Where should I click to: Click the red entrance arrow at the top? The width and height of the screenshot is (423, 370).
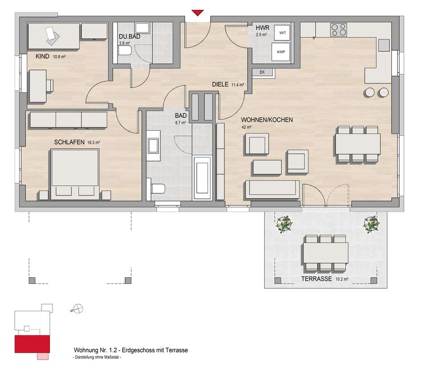(197, 12)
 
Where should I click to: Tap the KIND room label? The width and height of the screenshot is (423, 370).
(42, 56)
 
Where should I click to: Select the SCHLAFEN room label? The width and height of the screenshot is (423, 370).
(69, 142)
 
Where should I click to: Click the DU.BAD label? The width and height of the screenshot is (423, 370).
(130, 36)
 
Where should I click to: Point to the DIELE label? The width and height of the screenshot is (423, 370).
(220, 84)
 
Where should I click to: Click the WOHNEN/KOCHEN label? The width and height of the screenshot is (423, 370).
(267, 120)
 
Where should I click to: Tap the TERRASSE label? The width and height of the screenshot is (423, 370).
(317, 279)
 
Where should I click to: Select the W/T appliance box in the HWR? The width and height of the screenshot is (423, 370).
(282, 33)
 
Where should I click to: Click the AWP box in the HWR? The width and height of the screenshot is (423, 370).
(281, 52)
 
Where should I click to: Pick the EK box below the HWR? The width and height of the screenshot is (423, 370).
(262, 72)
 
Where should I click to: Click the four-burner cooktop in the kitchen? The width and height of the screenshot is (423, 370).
(338, 30)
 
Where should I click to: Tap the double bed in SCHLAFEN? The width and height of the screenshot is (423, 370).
(75, 175)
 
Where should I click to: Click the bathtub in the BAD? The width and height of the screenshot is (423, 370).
(202, 177)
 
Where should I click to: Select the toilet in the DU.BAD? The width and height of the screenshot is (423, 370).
(125, 50)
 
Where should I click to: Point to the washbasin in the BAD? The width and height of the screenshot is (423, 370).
(153, 145)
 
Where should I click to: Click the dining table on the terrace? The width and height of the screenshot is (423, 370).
(325, 253)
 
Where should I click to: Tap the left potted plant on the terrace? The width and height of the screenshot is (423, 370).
(285, 224)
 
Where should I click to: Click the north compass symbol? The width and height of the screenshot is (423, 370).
(78, 309)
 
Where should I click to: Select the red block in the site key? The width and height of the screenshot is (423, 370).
(32, 344)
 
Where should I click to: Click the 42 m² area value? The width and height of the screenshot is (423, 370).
(247, 127)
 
